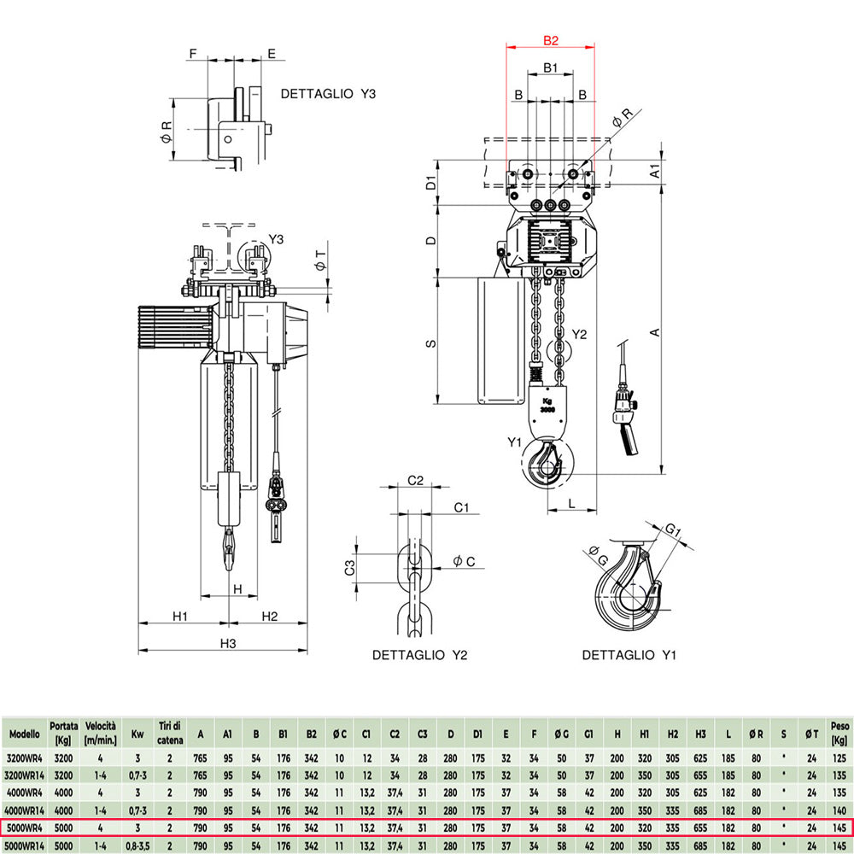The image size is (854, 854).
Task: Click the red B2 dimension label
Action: click(551, 40)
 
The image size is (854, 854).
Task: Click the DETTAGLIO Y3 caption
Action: click(328, 94)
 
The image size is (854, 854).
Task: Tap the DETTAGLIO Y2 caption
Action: click(419, 655)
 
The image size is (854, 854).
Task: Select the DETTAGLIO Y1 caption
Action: click(629, 655)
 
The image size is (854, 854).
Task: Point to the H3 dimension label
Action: click(228, 643)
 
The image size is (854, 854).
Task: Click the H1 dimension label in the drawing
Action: click(179, 616)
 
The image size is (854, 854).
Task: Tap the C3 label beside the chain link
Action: click(349, 568)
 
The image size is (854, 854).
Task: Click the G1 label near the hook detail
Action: click(673, 529)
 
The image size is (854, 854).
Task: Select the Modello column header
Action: click(25, 734)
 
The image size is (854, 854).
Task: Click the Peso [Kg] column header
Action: click(839, 733)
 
